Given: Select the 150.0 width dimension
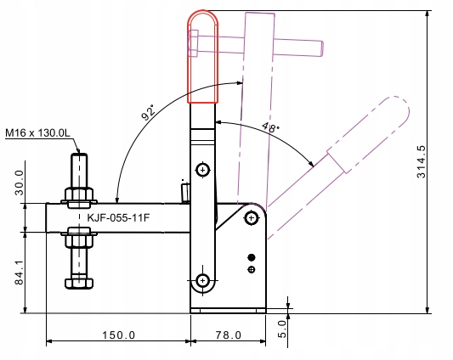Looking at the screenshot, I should click(x=119, y=335).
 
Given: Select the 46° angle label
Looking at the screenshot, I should click(x=269, y=129).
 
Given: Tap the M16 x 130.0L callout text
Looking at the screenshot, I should click(x=38, y=134).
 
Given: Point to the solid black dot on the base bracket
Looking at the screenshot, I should click(x=251, y=257).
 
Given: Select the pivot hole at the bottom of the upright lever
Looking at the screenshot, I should click(x=202, y=279).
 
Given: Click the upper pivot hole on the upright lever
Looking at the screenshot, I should click(x=202, y=170).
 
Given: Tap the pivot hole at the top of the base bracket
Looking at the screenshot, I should click(x=251, y=219).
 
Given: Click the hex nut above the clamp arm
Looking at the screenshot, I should click(x=78, y=196).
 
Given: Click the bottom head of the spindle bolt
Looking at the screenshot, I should click(x=78, y=282).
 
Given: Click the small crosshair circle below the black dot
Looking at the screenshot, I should click(x=251, y=270).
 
